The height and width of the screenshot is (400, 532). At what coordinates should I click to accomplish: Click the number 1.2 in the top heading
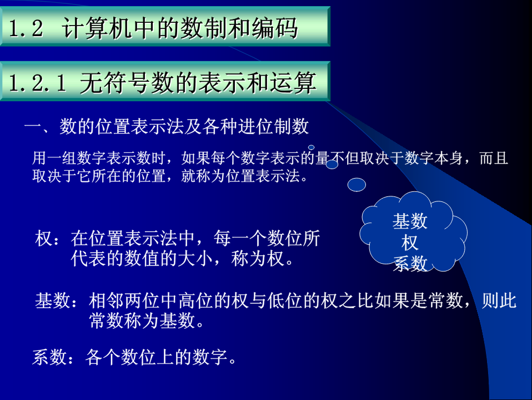(x=26, y=28)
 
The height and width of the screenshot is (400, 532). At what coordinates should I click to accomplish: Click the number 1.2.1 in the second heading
(x=37, y=83)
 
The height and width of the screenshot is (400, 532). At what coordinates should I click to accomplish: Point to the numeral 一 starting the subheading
(x=33, y=127)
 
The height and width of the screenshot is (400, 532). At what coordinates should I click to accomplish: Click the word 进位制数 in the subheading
(x=273, y=126)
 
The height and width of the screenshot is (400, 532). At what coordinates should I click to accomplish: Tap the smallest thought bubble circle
(x=311, y=147)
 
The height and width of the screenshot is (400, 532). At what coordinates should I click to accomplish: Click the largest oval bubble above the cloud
(x=357, y=185)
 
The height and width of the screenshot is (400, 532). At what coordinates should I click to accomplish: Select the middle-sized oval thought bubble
(x=332, y=165)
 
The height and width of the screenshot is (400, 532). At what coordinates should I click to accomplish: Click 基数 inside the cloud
(x=410, y=221)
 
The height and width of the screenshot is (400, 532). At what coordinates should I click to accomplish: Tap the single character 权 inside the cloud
(x=410, y=243)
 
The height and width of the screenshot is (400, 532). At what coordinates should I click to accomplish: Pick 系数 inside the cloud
(x=410, y=264)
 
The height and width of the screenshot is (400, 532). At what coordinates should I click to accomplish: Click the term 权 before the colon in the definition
(x=44, y=238)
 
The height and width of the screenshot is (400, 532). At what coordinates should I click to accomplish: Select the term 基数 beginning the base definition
(x=53, y=300)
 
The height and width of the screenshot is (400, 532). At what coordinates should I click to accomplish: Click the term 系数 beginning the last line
(x=49, y=357)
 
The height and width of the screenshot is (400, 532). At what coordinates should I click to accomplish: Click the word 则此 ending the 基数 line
(x=499, y=300)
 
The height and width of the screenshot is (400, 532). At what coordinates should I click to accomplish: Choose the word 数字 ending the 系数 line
(x=210, y=357)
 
